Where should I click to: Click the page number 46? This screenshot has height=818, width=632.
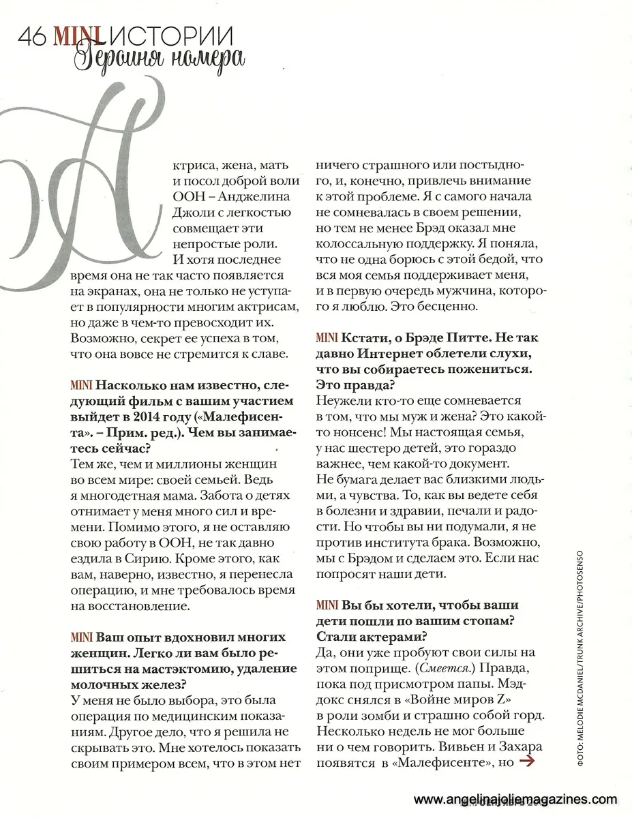pyautogui.click(x=32, y=35)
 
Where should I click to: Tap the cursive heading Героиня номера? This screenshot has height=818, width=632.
pyautogui.click(x=158, y=59)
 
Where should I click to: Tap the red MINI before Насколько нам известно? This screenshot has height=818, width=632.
pyautogui.click(x=81, y=385)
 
